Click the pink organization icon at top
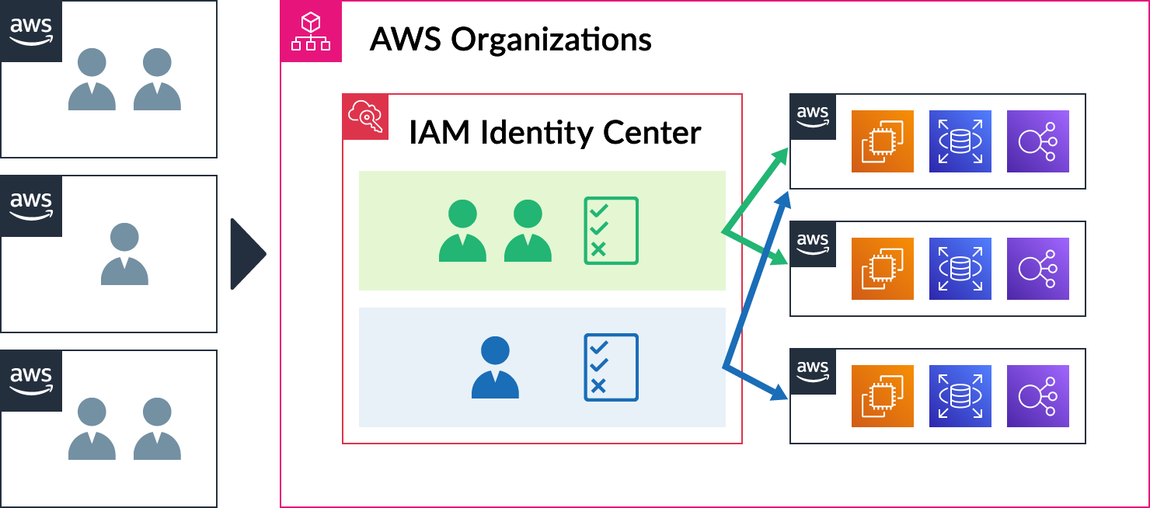[x=311, y=31]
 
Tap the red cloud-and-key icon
[x=365, y=117]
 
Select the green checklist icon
[x=611, y=231]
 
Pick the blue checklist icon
[x=611, y=367]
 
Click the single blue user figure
[x=495, y=367]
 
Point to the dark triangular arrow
[x=248, y=254]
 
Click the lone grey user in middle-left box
[x=124, y=254]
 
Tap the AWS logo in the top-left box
[x=31, y=31]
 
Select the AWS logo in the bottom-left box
[x=31, y=381]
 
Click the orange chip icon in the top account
[x=882, y=141]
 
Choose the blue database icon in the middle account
[x=960, y=269]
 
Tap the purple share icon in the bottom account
[x=1037, y=396]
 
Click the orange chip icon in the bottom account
[x=882, y=396]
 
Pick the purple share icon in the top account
[x=1037, y=141]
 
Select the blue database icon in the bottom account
[x=960, y=396]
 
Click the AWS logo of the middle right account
[x=813, y=244]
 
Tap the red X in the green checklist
[x=598, y=249]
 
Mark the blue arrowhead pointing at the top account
[x=783, y=199]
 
